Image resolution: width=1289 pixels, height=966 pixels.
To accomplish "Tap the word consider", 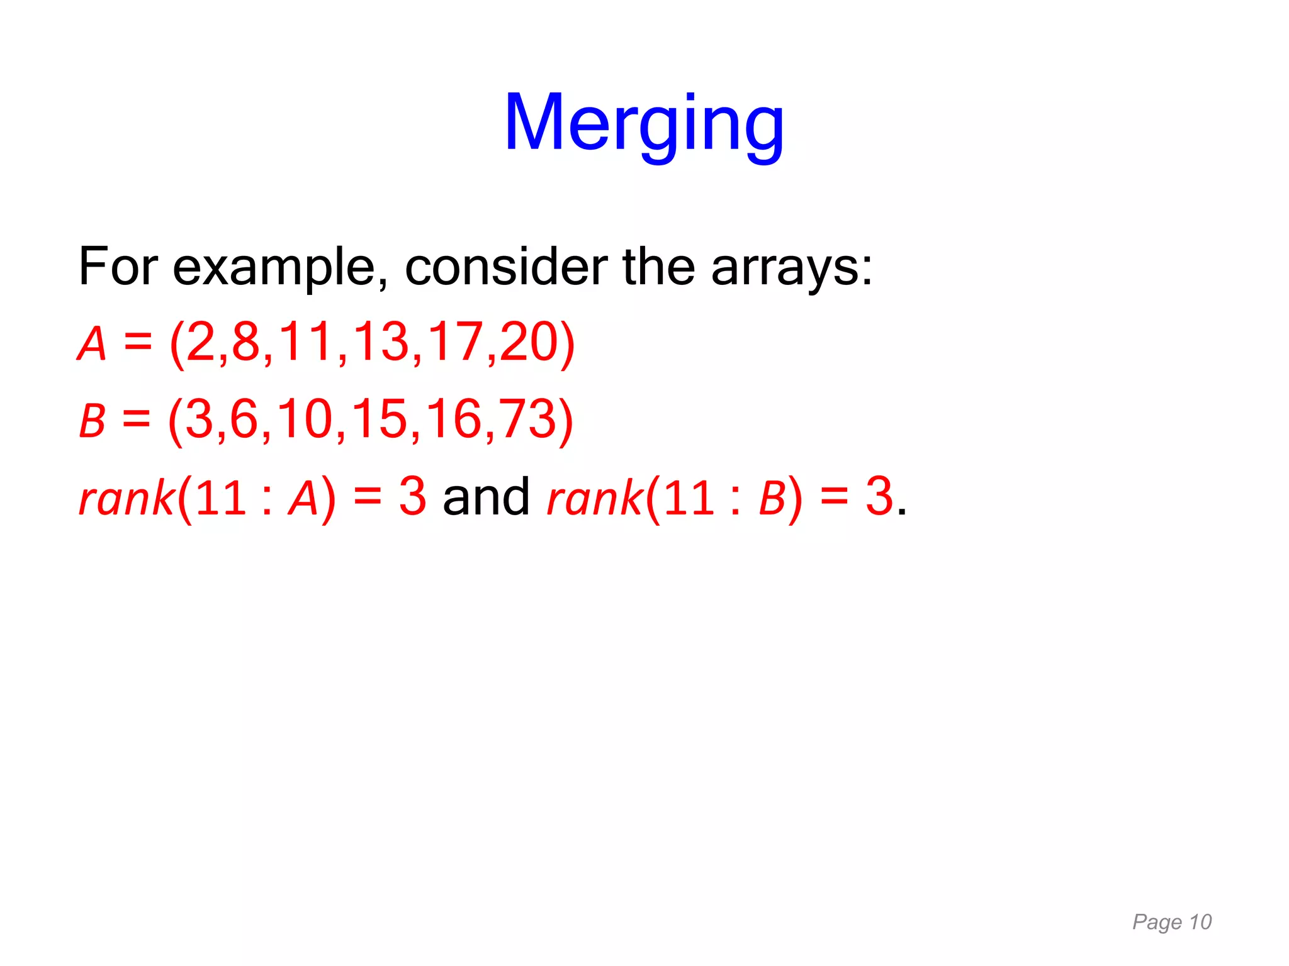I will click(506, 267).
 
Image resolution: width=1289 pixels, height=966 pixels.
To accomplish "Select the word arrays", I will click(791, 267).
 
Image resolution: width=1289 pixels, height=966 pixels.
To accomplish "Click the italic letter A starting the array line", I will click(92, 344).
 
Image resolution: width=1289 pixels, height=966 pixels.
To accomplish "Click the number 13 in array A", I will click(381, 343).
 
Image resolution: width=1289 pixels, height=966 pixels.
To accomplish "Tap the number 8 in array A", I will click(246, 343).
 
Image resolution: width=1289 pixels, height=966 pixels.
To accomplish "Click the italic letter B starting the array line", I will click(92, 421).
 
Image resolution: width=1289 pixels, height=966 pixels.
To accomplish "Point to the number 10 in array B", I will click(305, 419).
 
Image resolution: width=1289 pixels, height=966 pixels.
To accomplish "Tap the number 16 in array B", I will click(453, 419).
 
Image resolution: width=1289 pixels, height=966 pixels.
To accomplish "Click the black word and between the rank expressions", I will click(486, 497).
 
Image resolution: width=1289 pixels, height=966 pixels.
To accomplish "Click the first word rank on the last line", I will click(126, 498).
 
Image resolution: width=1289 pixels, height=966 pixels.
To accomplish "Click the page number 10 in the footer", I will click(1200, 922).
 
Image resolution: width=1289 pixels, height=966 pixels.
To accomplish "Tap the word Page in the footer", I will click(1157, 923).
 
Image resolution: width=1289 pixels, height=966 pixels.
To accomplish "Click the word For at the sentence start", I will click(118, 267).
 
